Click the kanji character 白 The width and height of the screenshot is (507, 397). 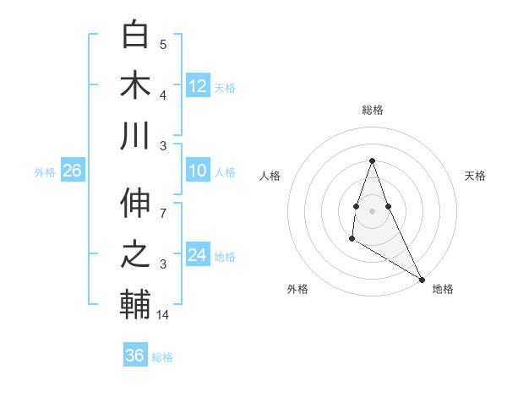click(x=135, y=35)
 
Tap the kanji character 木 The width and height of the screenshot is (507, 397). click(x=135, y=85)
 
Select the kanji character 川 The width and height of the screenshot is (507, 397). click(x=135, y=136)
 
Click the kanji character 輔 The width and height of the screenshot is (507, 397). click(x=135, y=305)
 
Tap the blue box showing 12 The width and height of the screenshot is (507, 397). click(x=198, y=85)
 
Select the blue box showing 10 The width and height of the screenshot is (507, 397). click(x=198, y=171)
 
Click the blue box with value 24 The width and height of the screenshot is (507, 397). click(x=198, y=255)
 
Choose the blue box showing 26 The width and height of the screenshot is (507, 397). click(x=72, y=171)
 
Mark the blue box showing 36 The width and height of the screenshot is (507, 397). click(x=134, y=356)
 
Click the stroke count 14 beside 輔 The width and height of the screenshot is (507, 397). click(x=164, y=314)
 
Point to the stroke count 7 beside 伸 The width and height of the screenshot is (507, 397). click(x=163, y=204)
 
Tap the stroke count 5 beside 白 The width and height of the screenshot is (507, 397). click(x=163, y=44)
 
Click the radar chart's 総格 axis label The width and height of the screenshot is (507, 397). click(x=372, y=110)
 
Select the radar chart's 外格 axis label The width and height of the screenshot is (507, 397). click(x=297, y=289)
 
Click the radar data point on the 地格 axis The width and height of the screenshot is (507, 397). click(x=422, y=279)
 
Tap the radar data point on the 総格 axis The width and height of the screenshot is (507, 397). click(x=372, y=160)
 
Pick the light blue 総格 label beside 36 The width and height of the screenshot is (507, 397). click(x=163, y=357)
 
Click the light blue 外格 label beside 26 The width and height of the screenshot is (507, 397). click(x=45, y=171)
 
